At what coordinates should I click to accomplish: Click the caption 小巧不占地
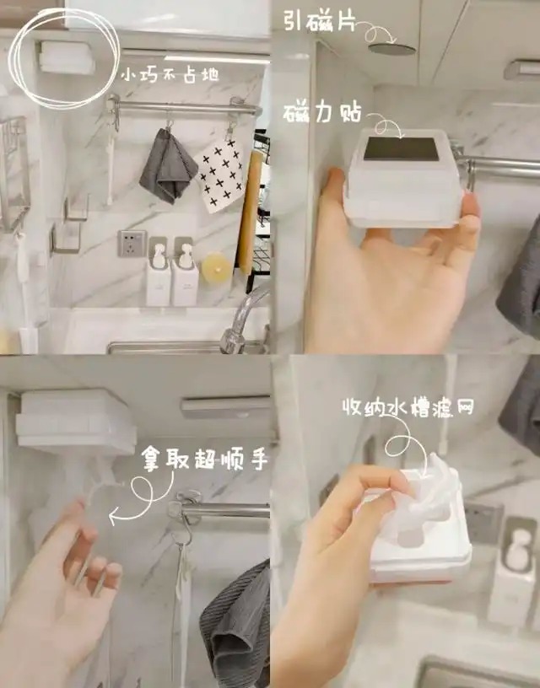(170, 75)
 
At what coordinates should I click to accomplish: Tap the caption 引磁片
(319, 20)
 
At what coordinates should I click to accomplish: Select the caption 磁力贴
(321, 114)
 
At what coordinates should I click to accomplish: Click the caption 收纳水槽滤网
(408, 407)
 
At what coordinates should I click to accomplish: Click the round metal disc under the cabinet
(392, 49)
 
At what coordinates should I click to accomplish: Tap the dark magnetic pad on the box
(402, 148)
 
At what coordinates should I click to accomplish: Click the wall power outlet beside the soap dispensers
(132, 243)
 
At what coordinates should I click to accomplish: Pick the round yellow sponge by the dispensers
(215, 266)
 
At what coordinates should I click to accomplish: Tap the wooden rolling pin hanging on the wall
(249, 212)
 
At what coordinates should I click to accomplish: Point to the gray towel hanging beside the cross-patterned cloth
(168, 167)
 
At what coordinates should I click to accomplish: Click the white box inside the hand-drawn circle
(67, 57)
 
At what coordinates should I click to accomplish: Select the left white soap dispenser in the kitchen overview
(158, 276)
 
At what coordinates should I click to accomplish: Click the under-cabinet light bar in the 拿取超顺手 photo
(225, 407)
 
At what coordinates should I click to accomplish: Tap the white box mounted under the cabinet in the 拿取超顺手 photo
(75, 422)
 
